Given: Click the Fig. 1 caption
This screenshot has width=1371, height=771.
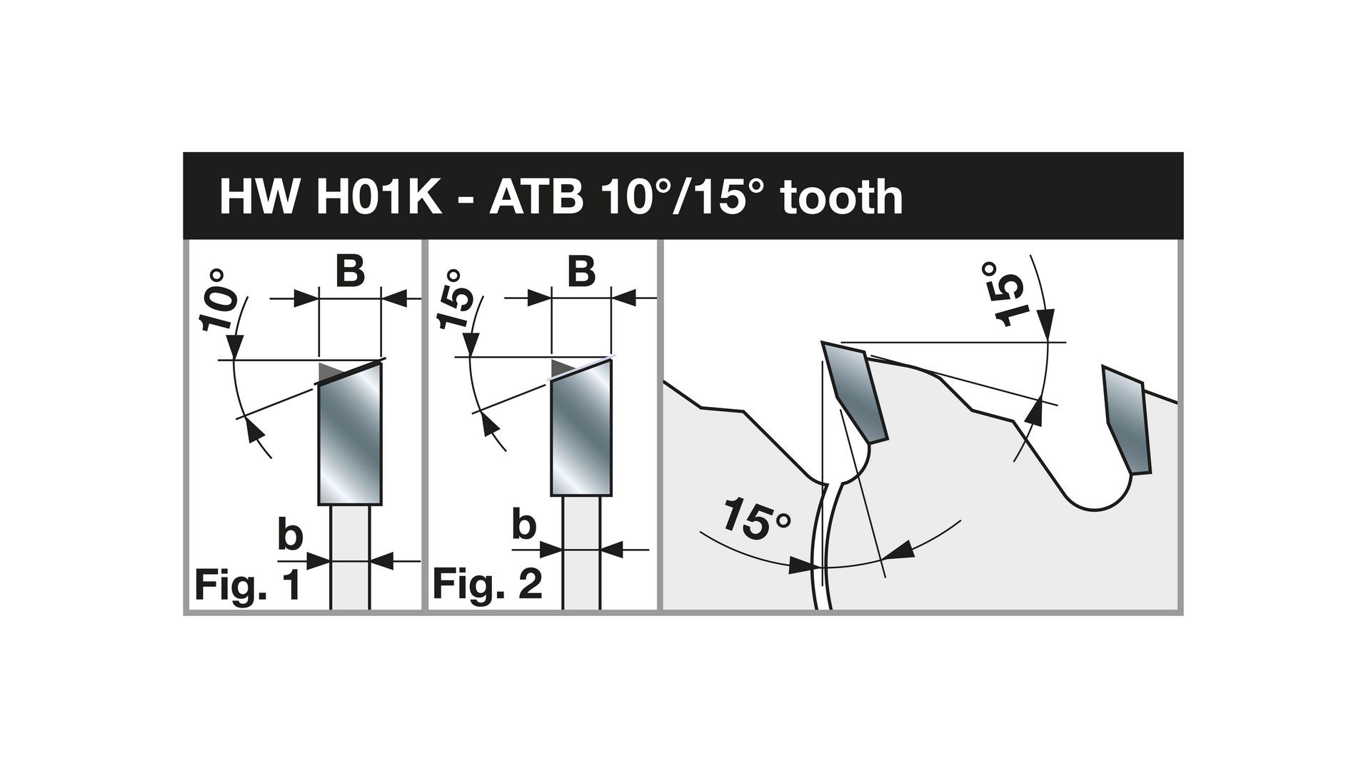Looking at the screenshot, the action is pyautogui.click(x=247, y=586).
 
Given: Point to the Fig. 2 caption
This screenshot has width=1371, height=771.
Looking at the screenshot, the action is pyautogui.click(x=488, y=585).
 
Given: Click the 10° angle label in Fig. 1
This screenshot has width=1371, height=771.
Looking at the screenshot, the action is pyautogui.click(x=219, y=300).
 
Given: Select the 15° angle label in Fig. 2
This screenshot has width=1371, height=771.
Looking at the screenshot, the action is pyautogui.click(x=454, y=299).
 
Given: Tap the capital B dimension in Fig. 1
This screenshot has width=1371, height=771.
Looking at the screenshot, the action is pyautogui.click(x=350, y=272).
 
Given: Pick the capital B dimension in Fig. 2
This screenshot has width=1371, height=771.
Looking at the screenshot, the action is pyautogui.click(x=582, y=272).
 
